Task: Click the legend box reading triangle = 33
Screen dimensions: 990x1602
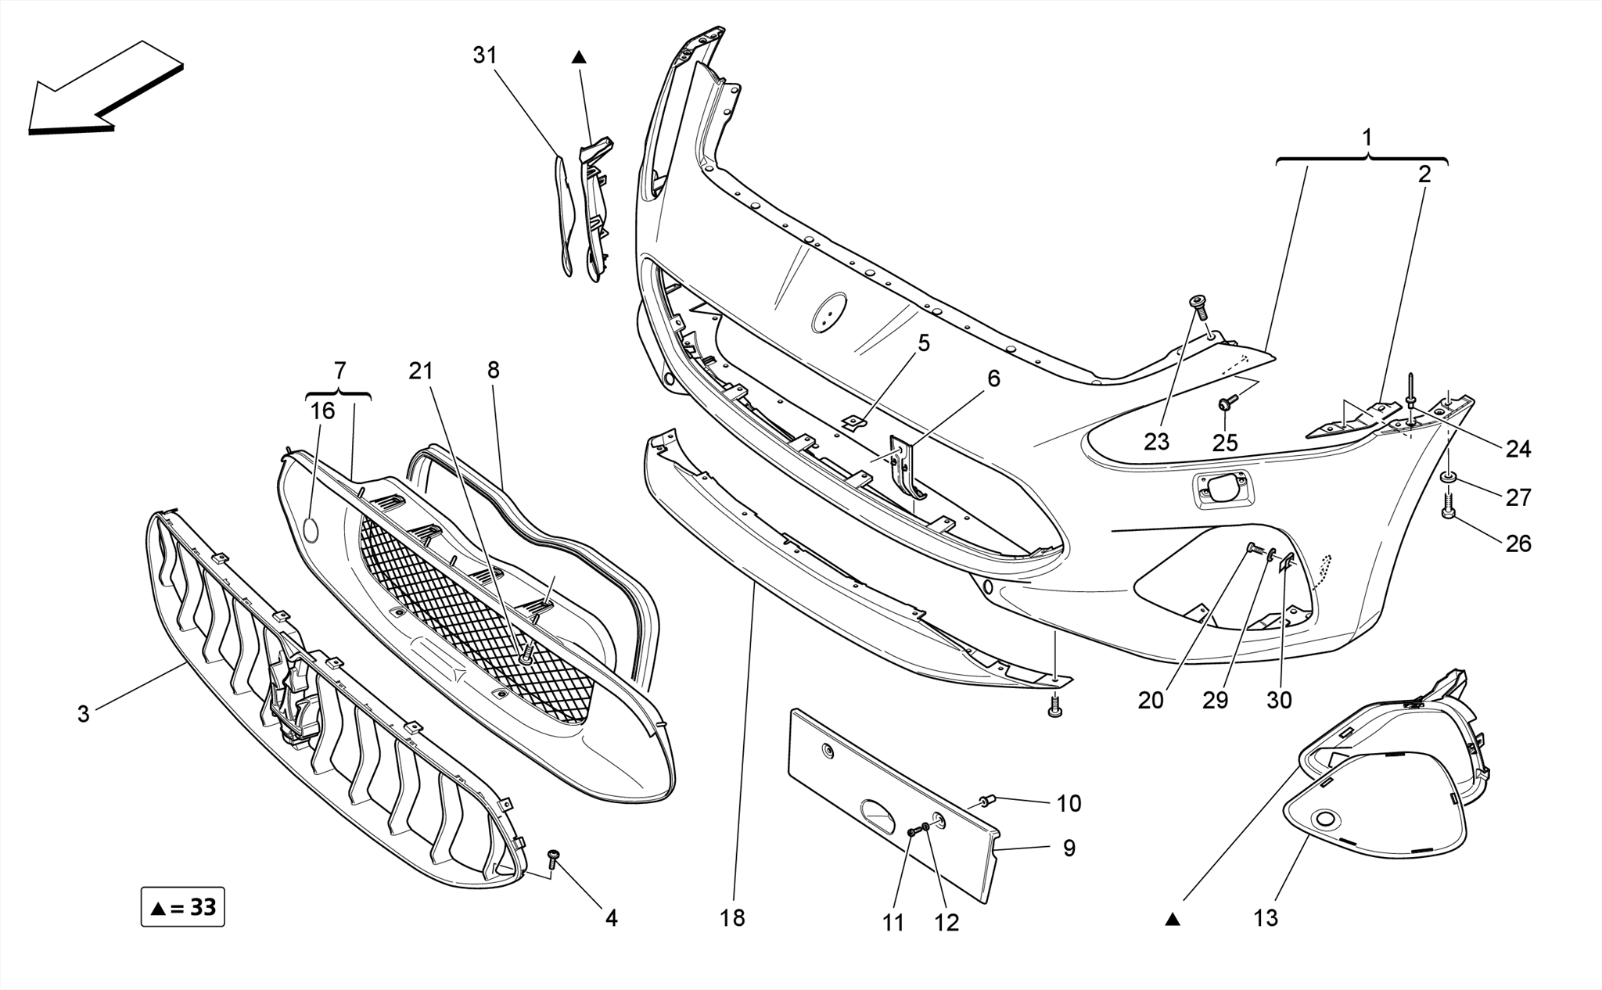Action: [183, 907]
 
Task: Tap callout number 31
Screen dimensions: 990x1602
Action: [485, 56]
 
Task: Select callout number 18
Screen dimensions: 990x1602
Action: [733, 918]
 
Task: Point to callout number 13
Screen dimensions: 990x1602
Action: [1265, 918]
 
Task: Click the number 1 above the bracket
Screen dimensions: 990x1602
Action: [1367, 138]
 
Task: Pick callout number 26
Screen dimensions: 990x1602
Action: [1518, 543]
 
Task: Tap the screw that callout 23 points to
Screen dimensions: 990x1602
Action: [1198, 303]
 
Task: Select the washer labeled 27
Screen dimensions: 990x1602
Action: [1449, 477]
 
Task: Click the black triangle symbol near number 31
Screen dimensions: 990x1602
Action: [578, 56]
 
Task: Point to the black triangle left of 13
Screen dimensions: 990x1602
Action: [1172, 920]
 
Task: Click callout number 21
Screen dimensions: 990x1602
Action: [421, 371]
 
